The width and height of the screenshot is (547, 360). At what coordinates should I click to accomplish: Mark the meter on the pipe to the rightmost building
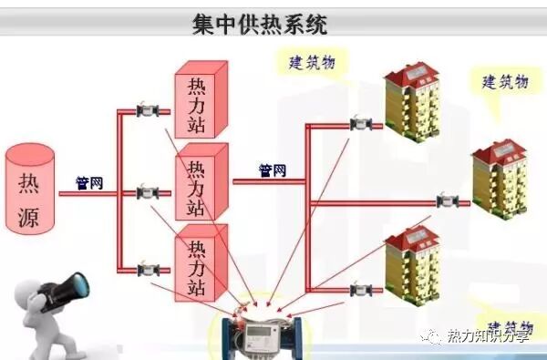pos(447,201)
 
